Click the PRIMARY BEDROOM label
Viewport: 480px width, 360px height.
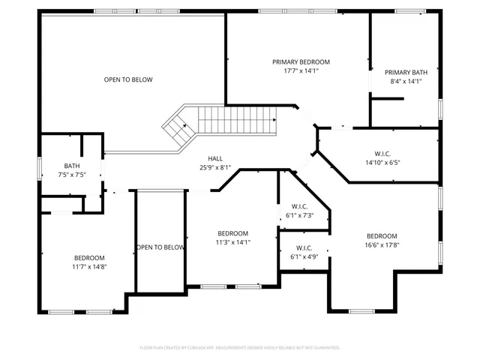click(x=301, y=62)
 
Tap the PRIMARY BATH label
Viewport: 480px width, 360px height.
click(x=406, y=73)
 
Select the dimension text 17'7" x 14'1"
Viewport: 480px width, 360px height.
click(x=301, y=71)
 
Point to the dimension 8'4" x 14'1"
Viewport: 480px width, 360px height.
click(x=406, y=82)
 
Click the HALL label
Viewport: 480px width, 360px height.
click(x=215, y=158)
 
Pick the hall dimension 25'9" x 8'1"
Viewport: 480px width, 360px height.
click(x=215, y=167)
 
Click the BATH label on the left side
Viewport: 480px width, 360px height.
click(x=72, y=166)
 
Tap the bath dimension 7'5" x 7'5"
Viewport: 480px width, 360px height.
click(x=72, y=175)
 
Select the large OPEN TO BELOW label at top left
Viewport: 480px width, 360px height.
click(x=128, y=79)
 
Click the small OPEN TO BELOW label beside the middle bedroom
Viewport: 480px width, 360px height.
click(x=160, y=247)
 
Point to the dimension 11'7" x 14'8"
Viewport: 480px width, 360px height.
click(x=89, y=266)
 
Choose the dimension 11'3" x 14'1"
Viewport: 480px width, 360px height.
click(x=233, y=242)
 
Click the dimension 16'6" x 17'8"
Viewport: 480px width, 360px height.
click(x=382, y=244)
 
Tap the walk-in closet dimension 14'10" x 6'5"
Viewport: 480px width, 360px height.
click(x=383, y=162)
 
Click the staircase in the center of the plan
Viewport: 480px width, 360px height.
click(x=225, y=121)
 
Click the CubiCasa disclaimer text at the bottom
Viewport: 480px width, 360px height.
click(x=240, y=348)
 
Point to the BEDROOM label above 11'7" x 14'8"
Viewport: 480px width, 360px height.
click(x=89, y=257)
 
